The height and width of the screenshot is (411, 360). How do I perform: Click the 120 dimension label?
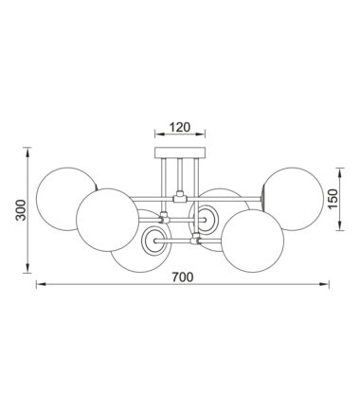click(180, 127)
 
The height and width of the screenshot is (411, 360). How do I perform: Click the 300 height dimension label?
click(21, 210)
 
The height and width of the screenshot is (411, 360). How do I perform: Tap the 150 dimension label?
click(333, 199)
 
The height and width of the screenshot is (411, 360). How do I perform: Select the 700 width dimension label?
click(182, 277)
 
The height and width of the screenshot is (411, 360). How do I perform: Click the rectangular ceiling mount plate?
click(180, 152)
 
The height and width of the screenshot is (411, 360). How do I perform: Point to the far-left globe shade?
click(67, 199)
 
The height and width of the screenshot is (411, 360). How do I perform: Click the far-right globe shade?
click(294, 199)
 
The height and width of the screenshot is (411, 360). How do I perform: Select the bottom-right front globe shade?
click(253, 241)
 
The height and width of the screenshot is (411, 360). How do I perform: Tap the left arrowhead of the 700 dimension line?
click(42, 284)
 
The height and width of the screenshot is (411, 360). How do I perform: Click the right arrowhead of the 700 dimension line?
click(324, 284)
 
